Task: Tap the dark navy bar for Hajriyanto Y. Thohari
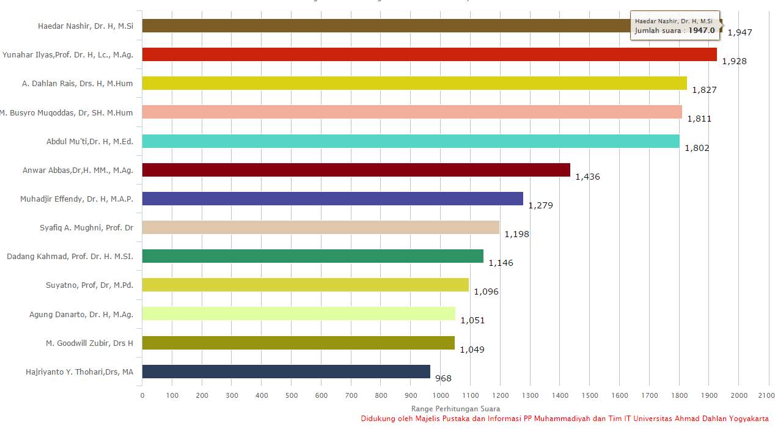click(286, 372)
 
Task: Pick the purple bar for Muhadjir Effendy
click(332, 199)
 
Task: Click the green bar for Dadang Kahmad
click(313, 256)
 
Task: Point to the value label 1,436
click(587, 177)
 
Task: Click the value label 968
click(443, 378)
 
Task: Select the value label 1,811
click(699, 119)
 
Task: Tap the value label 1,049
click(472, 350)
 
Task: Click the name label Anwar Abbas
click(78, 170)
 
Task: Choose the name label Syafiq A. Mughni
click(86, 227)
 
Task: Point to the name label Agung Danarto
click(81, 314)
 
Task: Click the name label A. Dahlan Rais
click(78, 83)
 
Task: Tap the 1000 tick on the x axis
click(441, 395)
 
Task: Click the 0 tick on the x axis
click(142, 395)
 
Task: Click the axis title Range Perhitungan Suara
click(455, 408)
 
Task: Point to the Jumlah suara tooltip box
click(675, 26)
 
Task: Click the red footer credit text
click(564, 419)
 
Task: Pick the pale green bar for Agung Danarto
click(299, 313)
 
